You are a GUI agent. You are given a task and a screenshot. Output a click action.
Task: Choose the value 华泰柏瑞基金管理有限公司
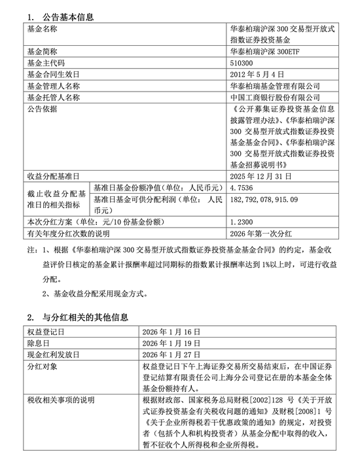(x=276, y=86)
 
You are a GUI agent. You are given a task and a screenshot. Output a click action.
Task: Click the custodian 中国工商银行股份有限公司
(x=276, y=97)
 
